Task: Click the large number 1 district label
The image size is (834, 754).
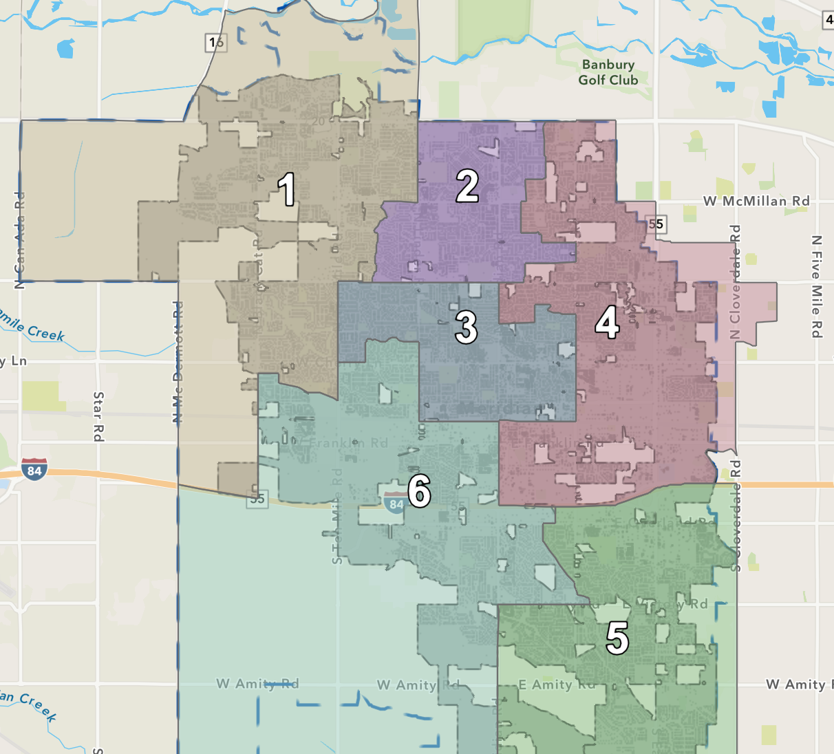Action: click(x=287, y=189)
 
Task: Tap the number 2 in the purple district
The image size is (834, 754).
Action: click(x=467, y=186)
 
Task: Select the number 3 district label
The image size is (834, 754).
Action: click(x=466, y=327)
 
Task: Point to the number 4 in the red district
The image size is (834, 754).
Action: click(x=607, y=322)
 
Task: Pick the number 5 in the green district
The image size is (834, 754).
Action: click(x=617, y=638)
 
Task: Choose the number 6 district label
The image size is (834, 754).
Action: click(x=419, y=491)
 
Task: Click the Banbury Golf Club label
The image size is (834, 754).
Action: click(x=608, y=72)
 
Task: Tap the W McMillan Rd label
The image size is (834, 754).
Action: click(x=756, y=201)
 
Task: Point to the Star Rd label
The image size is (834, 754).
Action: click(x=98, y=416)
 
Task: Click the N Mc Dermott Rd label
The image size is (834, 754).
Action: click(x=178, y=361)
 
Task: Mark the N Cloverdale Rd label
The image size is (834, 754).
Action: click(x=736, y=282)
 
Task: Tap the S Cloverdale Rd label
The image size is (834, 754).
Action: click(x=736, y=516)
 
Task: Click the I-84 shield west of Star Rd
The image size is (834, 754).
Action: click(x=34, y=469)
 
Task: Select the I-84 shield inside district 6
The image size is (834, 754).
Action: click(x=395, y=503)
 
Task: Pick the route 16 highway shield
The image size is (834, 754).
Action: click(x=216, y=43)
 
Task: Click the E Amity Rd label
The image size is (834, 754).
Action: click(x=557, y=685)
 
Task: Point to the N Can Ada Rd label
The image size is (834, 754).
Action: click(x=19, y=241)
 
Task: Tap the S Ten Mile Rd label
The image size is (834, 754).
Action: click(x=337, y=516)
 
